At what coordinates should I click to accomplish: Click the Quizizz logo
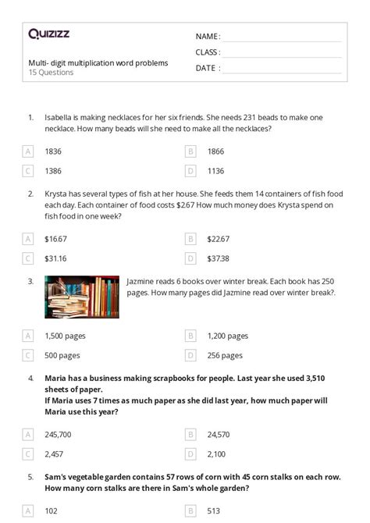pos(50,34)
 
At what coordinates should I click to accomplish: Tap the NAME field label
pos(208,37)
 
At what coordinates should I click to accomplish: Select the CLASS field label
pos(208,52)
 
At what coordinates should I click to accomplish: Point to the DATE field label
pos(206,68)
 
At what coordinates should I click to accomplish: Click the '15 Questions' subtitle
pos(51,73)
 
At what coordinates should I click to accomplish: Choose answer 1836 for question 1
pos(54,151)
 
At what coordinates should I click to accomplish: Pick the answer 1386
pos(54,170)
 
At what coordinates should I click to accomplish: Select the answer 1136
pos(216,170)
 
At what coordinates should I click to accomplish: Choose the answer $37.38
pos(219,258)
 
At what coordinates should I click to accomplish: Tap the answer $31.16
pos(56,258)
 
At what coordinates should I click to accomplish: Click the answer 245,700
pos(59,433)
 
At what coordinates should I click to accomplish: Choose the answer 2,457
pos(54,453)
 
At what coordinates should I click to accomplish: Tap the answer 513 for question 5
pos(214,511)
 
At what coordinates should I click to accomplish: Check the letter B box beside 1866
pos(190,151)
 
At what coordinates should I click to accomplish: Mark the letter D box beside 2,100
pos(190,453)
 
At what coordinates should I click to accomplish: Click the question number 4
pos(30,378)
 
